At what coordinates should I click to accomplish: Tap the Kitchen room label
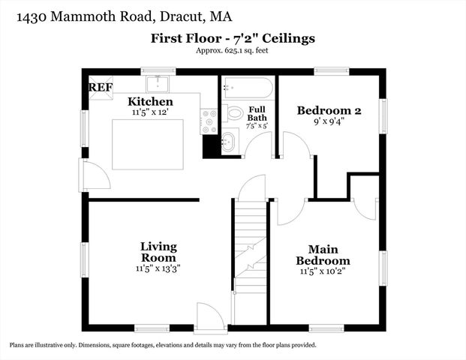[150, 101]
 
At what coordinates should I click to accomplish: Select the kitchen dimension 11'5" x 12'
[150, 112]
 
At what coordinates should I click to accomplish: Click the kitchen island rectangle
[149, 143]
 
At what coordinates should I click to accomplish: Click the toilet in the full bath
[234, 114]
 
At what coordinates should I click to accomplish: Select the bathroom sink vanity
[229, 139]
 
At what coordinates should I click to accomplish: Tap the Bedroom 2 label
[329, 110]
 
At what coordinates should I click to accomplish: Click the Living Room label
[158, 251]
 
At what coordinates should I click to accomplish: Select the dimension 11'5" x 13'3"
[158, 267]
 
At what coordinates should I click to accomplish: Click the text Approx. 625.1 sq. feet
[233, 50]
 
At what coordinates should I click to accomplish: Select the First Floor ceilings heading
[233, 37]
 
